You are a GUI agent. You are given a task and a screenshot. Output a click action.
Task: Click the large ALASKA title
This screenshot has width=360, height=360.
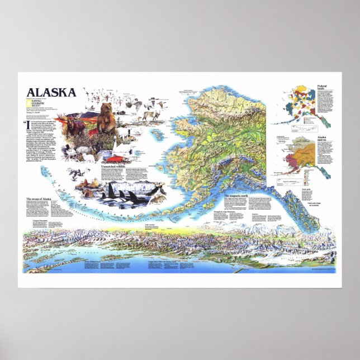point(51,93)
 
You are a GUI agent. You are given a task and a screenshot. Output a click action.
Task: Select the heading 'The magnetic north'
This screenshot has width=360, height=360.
point(238,196)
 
